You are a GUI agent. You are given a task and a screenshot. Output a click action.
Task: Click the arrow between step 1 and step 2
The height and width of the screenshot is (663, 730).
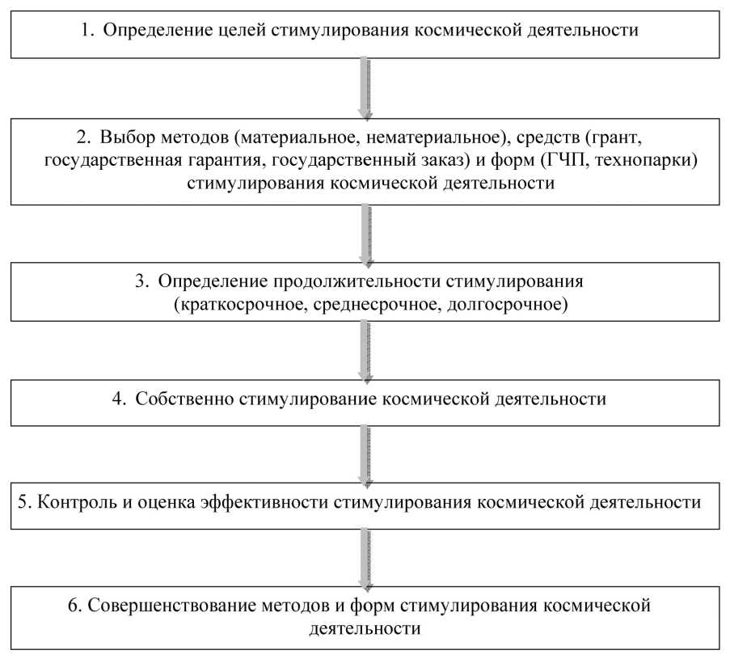click(365, 87)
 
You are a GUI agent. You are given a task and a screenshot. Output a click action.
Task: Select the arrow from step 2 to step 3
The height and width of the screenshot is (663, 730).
click(365, 234)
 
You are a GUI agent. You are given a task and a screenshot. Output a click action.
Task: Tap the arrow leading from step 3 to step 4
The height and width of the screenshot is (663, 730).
click(365, 349)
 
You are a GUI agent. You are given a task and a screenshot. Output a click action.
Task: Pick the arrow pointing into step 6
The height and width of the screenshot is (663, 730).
click(365, 558)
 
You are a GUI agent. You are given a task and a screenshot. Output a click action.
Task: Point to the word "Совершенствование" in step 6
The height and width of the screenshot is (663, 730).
click(157, 605)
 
